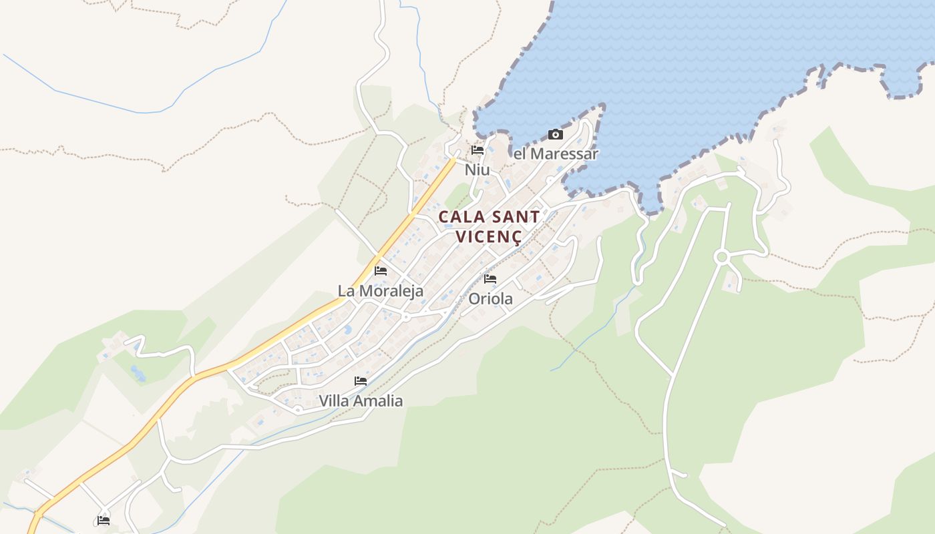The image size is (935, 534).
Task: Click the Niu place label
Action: tap(477, 170)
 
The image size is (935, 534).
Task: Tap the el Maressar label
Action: tap(556, 154)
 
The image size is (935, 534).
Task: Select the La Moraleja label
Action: tap(381, 291)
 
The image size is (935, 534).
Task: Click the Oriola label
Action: tap(490, 298)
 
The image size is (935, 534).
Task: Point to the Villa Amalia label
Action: tap(361, 400)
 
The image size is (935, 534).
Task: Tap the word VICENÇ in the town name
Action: tap(488, 236)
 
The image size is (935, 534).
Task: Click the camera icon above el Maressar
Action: tap(555, 135)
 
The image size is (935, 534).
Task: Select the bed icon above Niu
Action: tap(477, 150)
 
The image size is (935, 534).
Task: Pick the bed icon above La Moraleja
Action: tap(381, 271)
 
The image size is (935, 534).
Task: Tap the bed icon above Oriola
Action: tap(490, 279)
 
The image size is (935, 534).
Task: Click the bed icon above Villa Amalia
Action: tap(361, 381)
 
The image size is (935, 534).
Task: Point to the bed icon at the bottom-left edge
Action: tap(104, 521)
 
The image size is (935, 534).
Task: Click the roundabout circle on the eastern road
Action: tap(721, 256)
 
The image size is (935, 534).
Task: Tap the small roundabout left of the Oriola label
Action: tap(406, 317)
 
